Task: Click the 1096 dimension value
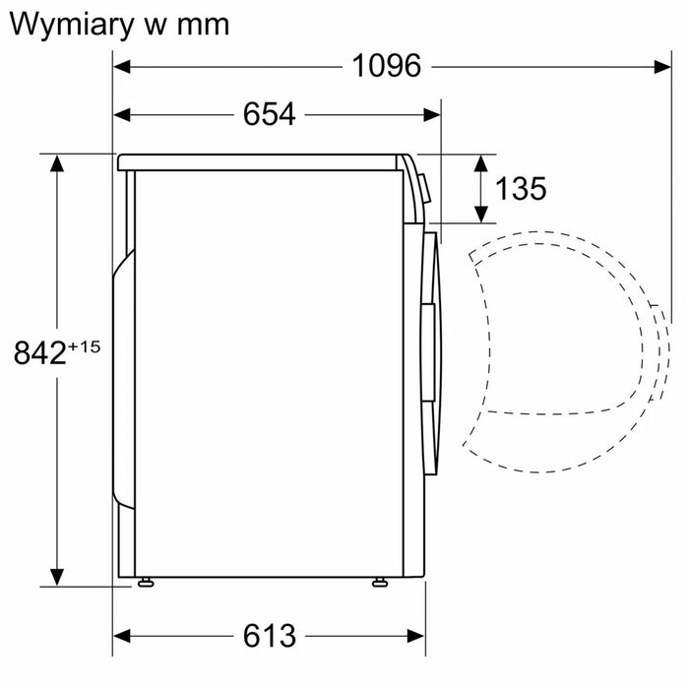387,66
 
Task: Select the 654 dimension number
270,114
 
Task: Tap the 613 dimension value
270,636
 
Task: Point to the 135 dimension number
521,189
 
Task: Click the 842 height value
40,352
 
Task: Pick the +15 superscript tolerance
85,346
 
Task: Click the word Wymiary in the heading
71,26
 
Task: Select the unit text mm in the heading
203,26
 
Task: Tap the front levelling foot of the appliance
380,583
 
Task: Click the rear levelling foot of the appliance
146,583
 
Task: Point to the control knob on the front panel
425,188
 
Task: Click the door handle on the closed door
428,352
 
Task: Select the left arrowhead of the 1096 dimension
122,67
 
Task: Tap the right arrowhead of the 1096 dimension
662,67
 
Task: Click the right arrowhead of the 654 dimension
432,115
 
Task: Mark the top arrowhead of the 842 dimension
57,163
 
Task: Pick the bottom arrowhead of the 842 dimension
57,577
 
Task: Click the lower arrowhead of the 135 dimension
481,215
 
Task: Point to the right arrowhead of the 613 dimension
415,636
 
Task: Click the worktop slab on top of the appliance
257,162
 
